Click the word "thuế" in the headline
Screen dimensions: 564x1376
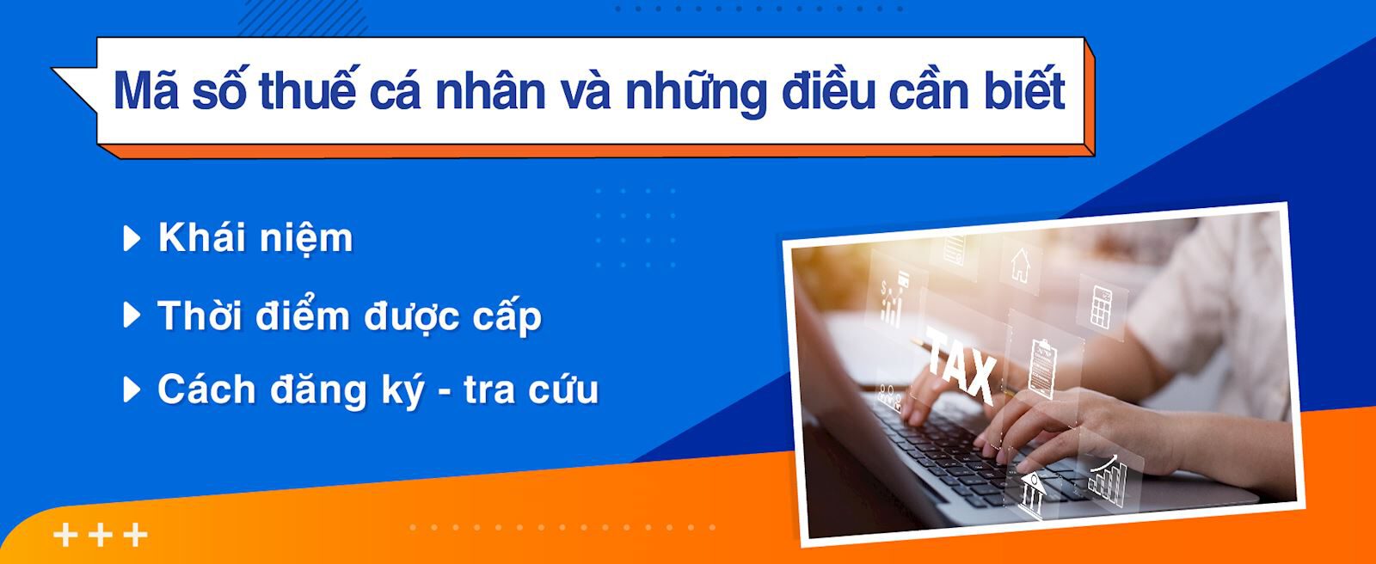[307, 91]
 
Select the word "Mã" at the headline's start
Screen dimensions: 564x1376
[145, 91]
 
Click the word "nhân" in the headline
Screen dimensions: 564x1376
[490, 91]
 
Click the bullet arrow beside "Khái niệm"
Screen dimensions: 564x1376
[132, 238]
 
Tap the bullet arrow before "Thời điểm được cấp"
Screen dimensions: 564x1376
[132, 316]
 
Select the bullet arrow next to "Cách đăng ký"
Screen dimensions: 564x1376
[132, 389]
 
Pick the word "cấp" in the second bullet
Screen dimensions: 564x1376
[507, 317]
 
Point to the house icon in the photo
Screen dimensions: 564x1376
[1020, 264]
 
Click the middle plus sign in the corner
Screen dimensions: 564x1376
[100, 535]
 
